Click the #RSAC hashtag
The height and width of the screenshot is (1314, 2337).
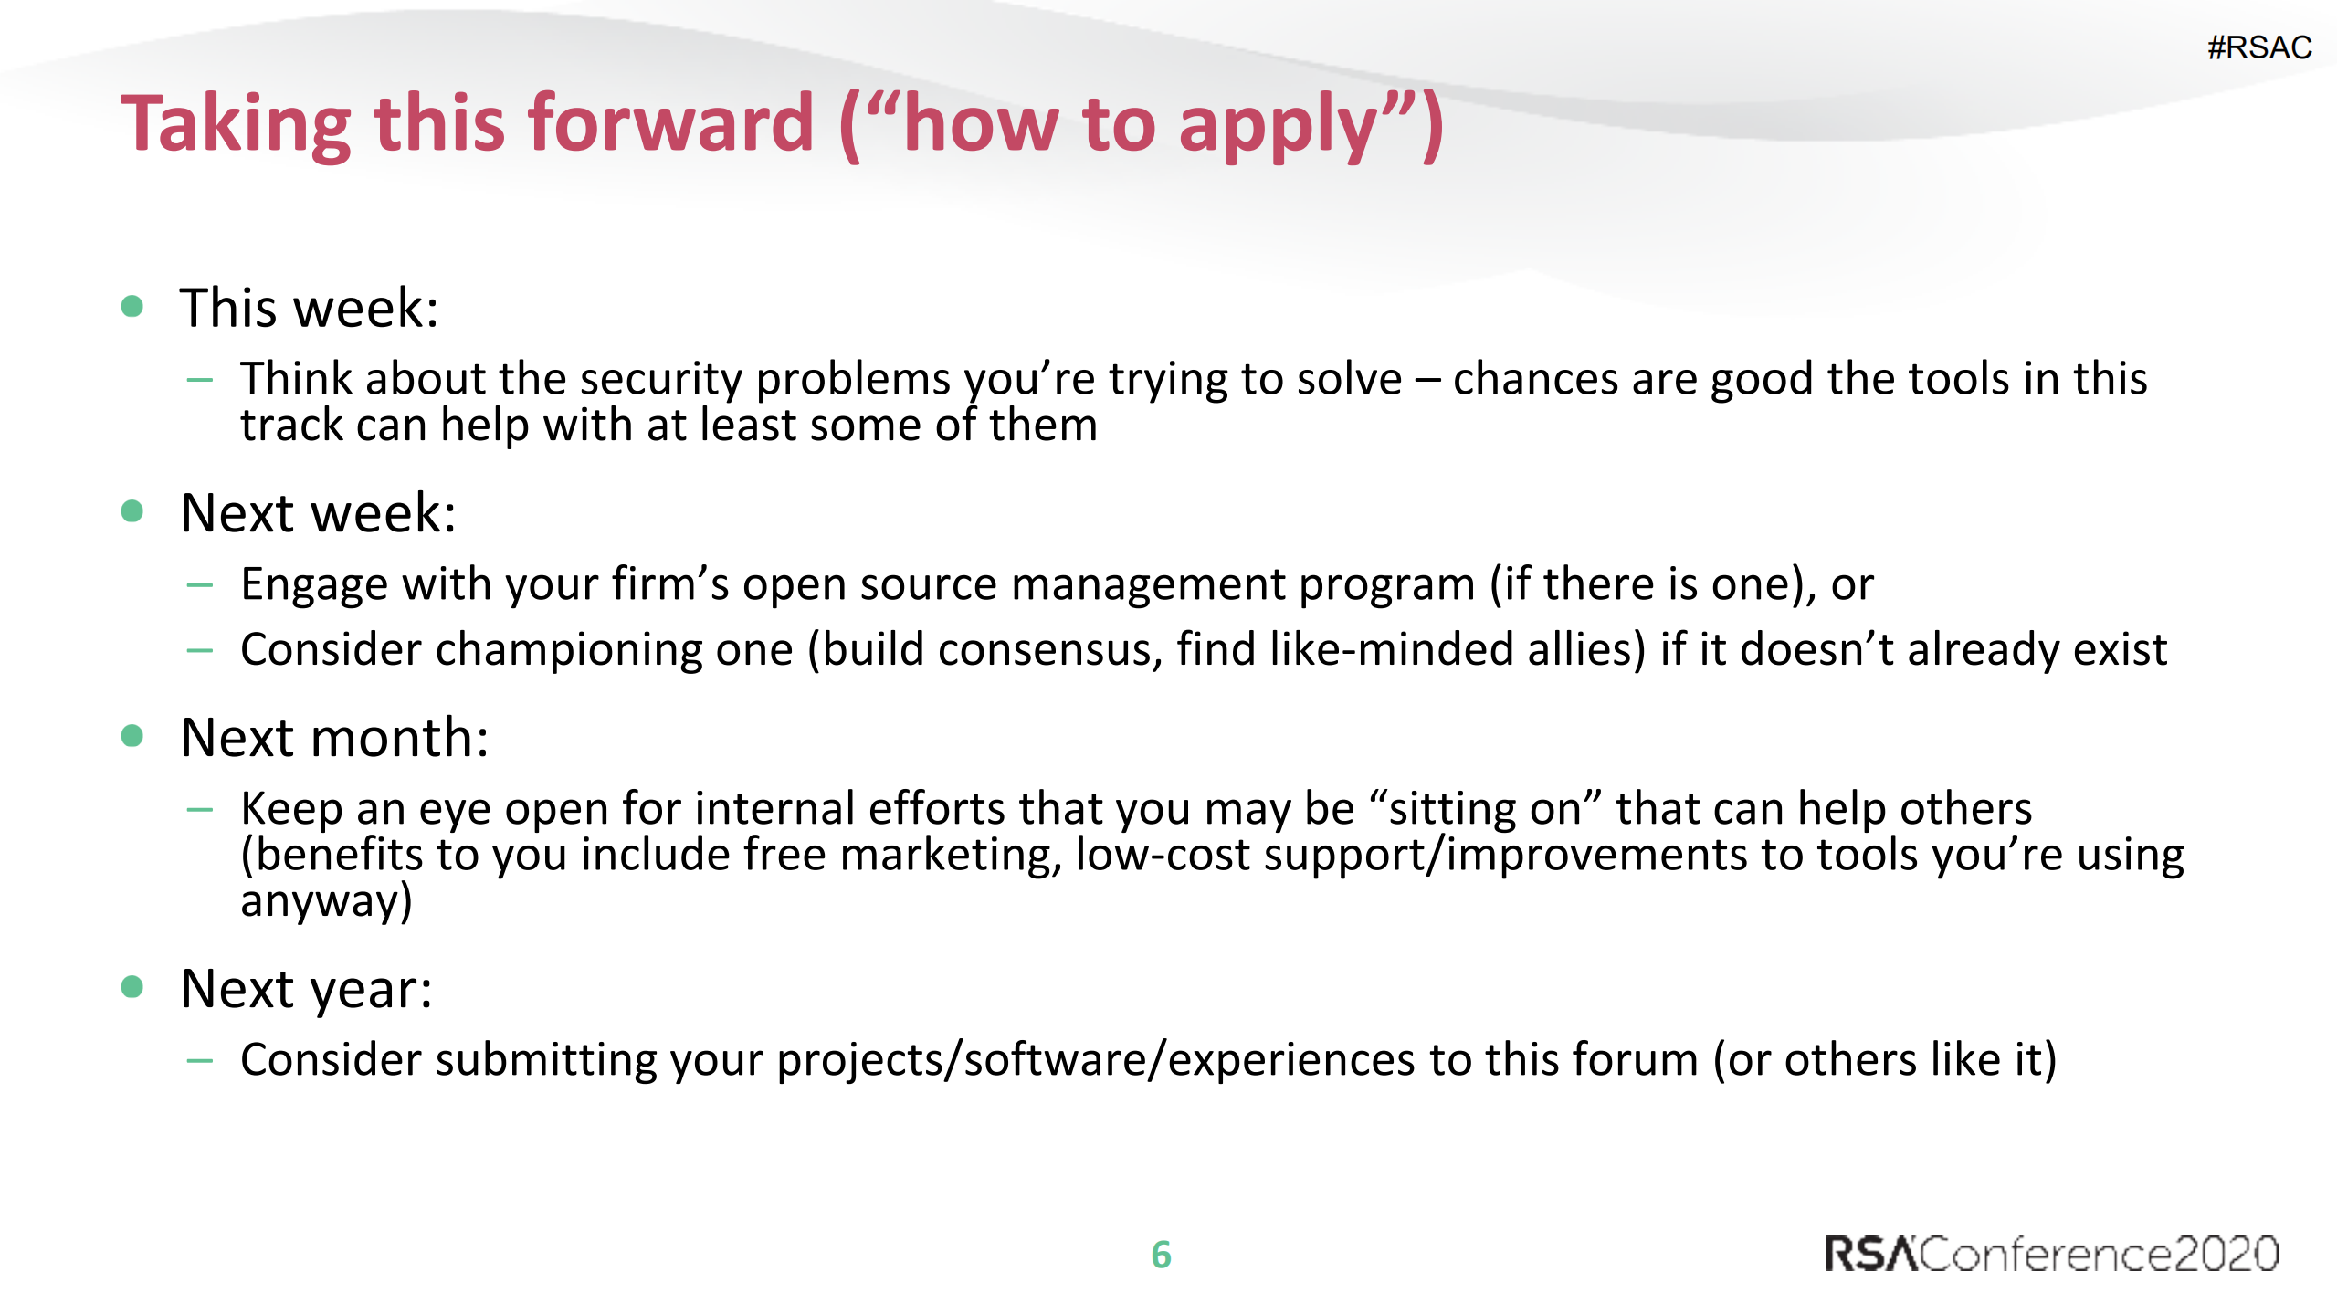(x=2259, y=47)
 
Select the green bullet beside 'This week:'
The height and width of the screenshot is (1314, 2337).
(x=132, y=306)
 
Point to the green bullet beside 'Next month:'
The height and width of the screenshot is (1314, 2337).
(x=132, y=736)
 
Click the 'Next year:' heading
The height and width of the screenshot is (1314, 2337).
(x=306, y=989)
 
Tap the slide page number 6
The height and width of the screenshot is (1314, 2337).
(x=1161, y=1255)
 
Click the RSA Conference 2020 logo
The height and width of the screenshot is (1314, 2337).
(x=2050, y=1254)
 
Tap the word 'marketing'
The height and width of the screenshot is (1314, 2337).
(x=950, y=856)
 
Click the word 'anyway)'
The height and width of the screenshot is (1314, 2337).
(x=326, y=902)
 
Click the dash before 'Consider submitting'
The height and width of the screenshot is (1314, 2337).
(x=199, y=1060)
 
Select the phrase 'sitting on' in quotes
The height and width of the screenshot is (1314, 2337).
(x=1485, y=809)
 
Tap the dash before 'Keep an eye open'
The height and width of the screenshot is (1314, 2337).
(x=199, y=809)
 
